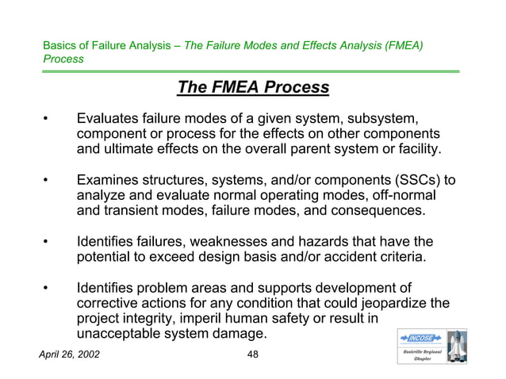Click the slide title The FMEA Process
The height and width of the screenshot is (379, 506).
[253, 88]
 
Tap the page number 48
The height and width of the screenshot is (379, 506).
[253, 354]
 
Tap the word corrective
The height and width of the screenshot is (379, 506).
[109, 304]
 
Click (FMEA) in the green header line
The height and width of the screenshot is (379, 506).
[400, 46]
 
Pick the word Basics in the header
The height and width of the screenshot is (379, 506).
[60, 46]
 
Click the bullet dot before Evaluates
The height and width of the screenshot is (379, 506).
[47, 120]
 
